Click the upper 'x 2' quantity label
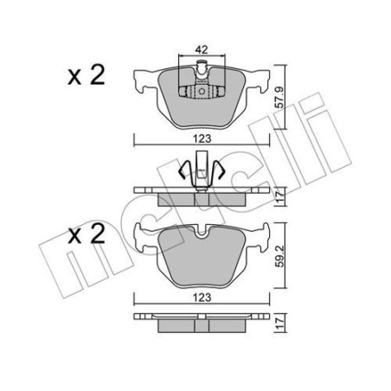87,76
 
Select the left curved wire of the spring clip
184,171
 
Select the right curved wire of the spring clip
220,171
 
